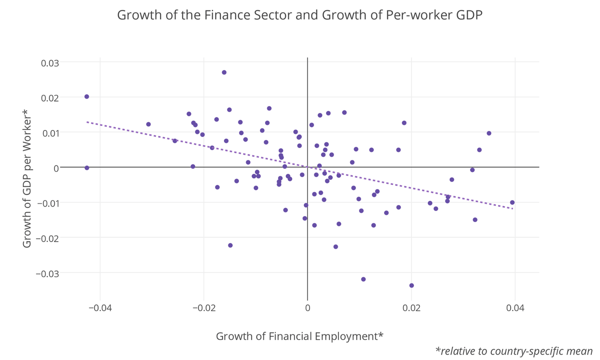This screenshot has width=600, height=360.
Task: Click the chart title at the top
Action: pyautogui.click(x=299, y=15)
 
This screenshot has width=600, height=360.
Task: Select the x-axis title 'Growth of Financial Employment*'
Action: pyautogui.click(x=299, y=336)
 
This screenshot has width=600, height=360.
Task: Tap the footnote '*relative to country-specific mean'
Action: pyautogui.click(x=514, y=351)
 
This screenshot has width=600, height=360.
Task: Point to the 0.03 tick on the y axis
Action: pyautogui.click(x=49, y=63)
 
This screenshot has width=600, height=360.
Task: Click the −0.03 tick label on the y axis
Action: pyautogui.click(x=47, y=273)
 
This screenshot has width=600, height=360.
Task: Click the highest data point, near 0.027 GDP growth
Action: pyautogui.click(x=224, y=72)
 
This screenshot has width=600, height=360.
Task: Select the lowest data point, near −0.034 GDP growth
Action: pyautogui.click(x=411, y=285)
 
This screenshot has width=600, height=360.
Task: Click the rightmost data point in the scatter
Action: pyautogui.click(x=512, y=202)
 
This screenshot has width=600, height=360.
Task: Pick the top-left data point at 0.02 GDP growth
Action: pyautogui.click(x=86, y=96)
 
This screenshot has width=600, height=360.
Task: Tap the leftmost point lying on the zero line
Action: pyautogui.click(x=86, y=168)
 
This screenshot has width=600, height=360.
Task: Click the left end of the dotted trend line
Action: pyautogui.click(x=87, y=121)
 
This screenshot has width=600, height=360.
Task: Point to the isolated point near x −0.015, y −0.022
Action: pyautogui.click(x=230, y=245)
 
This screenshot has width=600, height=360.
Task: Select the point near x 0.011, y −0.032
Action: pyautogui.click(x=363, y=279)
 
